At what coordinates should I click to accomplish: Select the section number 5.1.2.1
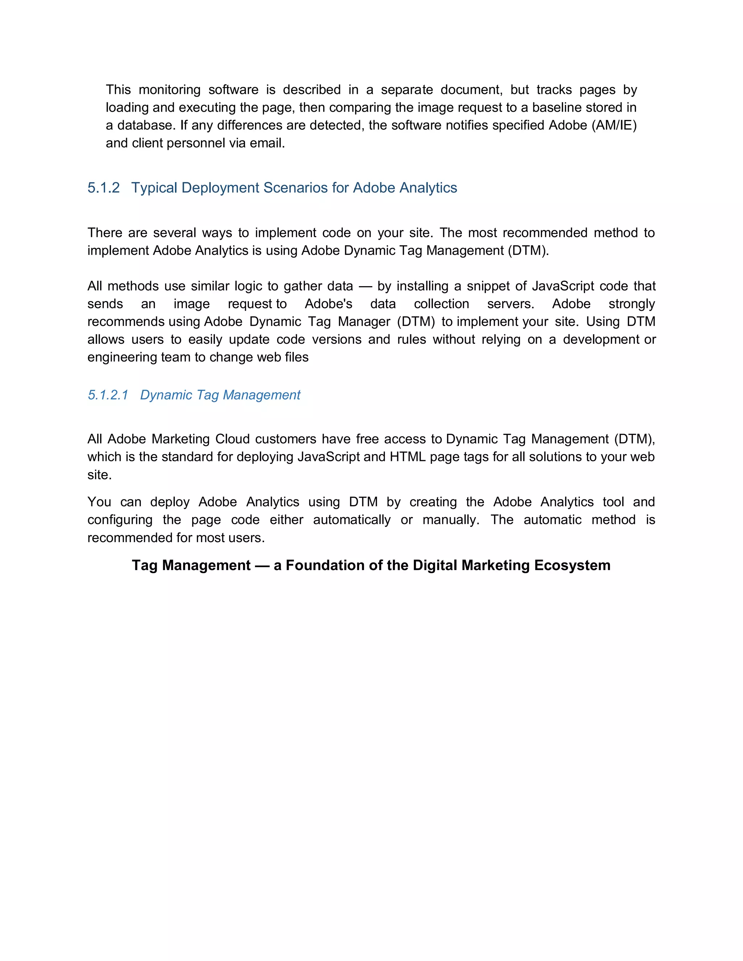tap(108, 395)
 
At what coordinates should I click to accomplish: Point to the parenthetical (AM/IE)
tap(614, 125)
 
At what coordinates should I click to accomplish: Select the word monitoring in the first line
tap(169, 90)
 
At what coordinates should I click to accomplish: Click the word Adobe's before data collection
tap(328, 304)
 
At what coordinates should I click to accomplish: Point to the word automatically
tap(352, 520)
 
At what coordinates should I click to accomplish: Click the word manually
tap(451, 520)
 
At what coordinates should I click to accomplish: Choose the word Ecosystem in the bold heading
tap(572, 565)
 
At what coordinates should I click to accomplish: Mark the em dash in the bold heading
tap(262, 565)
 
